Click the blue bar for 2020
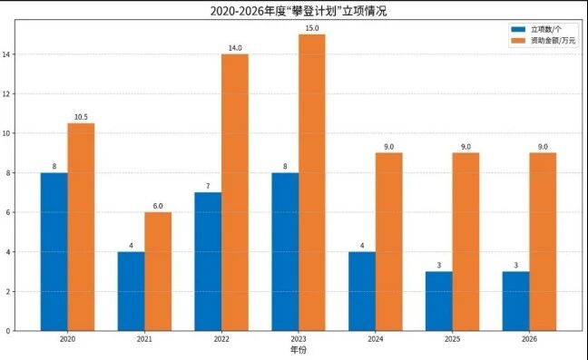pos(54,252)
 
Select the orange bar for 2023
pos(312,182)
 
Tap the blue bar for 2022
pos(208,261)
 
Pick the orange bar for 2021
pos(158,272)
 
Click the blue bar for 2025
pos(439,301)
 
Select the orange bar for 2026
pos(543,241)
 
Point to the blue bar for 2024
pos(362,291)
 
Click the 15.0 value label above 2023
pos(312,28)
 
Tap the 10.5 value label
pos(81,117)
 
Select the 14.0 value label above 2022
pos(235,48)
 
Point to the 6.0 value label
pos(158,206)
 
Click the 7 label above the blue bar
pos(208,186)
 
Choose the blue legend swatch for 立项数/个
pos(518,29)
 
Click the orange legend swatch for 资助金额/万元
pos(518,41)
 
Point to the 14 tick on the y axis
pos(6,54)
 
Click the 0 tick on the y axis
pos(8,331)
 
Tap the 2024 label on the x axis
pos(376,339)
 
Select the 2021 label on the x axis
pos(144,339)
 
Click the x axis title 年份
pos(299,350)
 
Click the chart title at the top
pos(299,11)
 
